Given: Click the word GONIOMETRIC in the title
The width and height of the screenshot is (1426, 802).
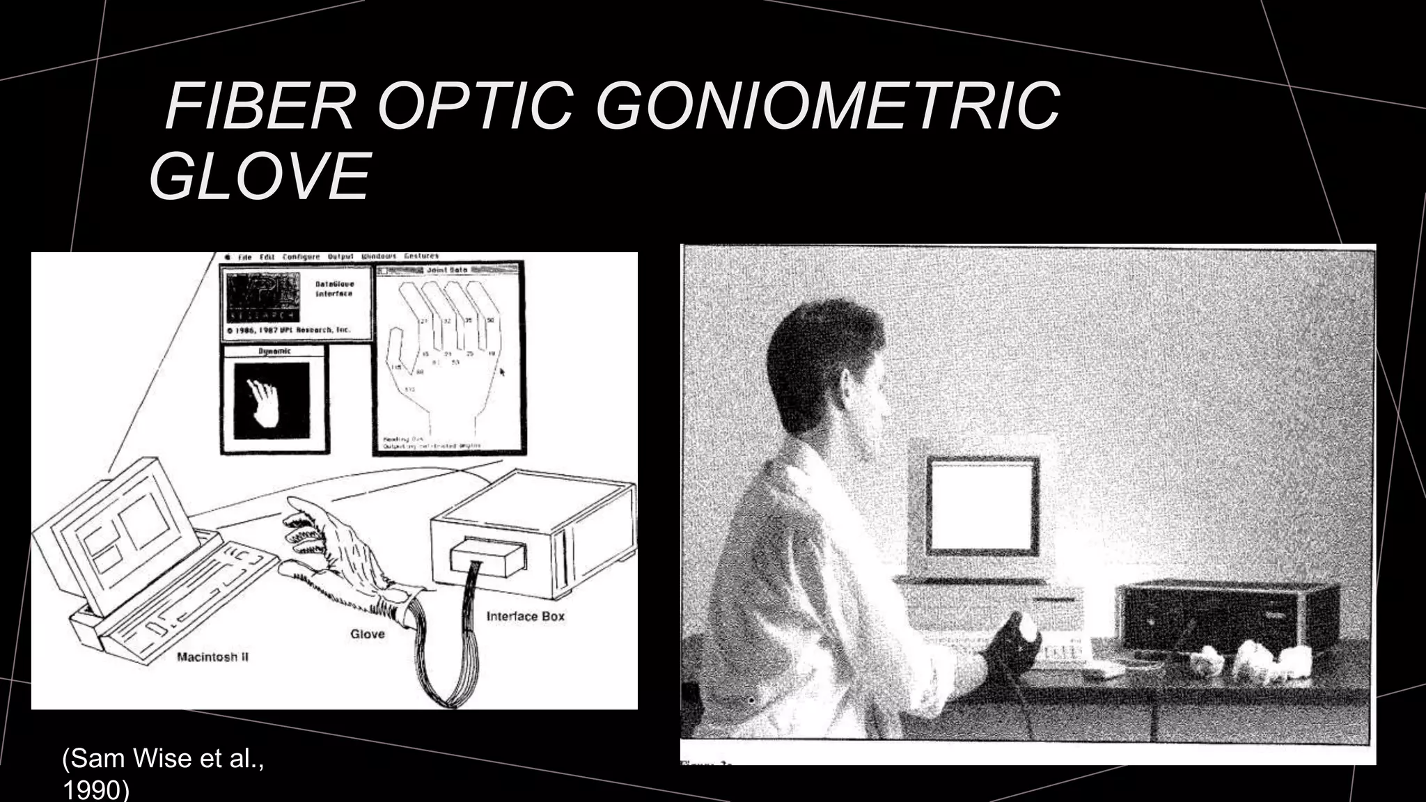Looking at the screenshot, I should click(x=828, y=107).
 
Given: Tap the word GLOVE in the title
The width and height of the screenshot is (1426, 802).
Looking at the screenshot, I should click(x=259, y=176).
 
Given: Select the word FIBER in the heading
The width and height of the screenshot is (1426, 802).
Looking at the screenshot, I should click(x=260, y=107).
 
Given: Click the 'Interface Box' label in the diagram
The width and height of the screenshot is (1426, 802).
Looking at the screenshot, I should click(x=525, y=616).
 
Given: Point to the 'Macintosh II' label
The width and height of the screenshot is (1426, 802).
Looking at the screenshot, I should click(x=213, y=656).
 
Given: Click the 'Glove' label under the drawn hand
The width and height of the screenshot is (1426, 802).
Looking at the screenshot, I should click(x=367, y=634).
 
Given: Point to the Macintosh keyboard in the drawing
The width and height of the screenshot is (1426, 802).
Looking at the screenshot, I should click(x=188, y=599).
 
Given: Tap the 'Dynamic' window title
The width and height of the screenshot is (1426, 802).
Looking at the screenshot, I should click(x=274, y=352).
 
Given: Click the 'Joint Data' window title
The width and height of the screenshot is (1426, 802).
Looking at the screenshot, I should click(x=448, y=269).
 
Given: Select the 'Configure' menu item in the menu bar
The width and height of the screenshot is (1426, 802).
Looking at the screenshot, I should click(x=301, y=257).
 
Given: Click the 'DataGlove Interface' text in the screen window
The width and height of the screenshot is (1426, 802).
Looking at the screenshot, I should click(x=334, y=289).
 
